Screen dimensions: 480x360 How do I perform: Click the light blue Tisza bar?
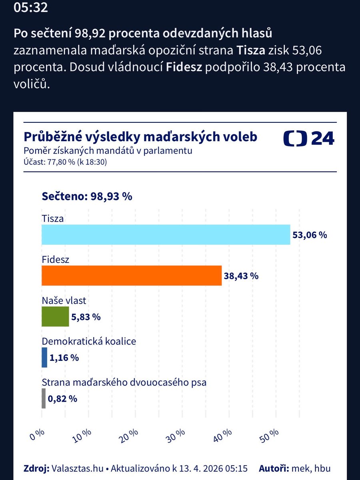(x=166, y=235)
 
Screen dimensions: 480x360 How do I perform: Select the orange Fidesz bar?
(x=132, y=276)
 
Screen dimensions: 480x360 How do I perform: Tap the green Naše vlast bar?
(x=55, y=317)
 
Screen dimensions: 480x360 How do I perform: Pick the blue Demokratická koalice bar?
(x=44, y=358)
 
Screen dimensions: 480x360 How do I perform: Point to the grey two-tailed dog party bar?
(x=44, y=398)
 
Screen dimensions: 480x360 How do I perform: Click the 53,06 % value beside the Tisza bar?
(x=310, y=235)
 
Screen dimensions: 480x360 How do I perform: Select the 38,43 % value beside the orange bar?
(x=241, y=276)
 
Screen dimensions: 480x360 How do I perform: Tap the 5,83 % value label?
(x=86, y=317)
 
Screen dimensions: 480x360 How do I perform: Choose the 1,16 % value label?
(x=64, y=358)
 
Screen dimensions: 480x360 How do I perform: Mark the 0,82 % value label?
(x=62, y=399)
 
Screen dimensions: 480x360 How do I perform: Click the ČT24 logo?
(x=309, y=138)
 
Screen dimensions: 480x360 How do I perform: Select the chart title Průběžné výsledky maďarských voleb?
(x=140, y=137)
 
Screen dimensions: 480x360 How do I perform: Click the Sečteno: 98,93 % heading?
(x=87, y=196)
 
